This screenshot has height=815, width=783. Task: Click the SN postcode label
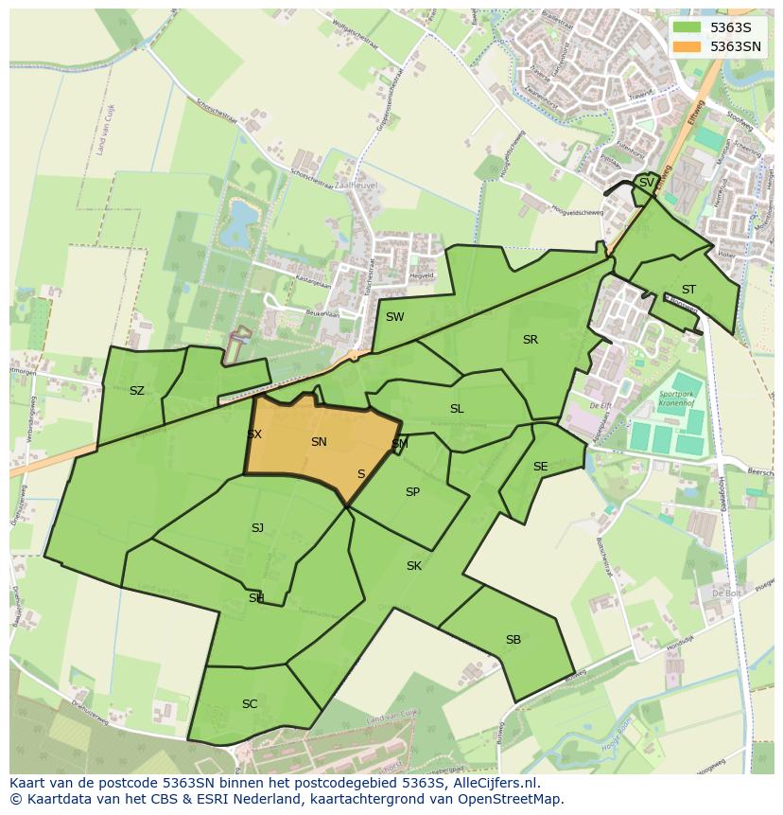(x=319, y=442)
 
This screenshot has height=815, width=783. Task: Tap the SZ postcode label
(x=137, y=391)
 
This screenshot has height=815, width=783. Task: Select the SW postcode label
(x=394, y=317)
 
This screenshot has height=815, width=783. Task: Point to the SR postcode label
(x=530, y=340)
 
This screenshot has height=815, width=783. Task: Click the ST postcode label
(x=688, y=290)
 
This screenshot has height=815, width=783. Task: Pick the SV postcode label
(x=646, y=183)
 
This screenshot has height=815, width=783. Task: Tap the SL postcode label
(x=457, y=409)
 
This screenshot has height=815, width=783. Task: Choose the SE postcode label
(x=540, y=467)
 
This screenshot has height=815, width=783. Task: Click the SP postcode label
(x=412, y=492)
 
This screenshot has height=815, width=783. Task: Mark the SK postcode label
(x=413, y=566)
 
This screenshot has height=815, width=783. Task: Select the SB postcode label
(x=513, y=640)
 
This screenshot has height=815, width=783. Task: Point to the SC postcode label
(x=250, y=704)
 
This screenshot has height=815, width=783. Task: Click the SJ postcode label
(x=257, y=528)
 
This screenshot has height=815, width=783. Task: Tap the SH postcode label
(x=256, y=598)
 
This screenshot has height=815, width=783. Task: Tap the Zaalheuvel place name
(x=356, y=186)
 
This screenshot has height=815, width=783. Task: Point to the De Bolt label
(x=726, y=594)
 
